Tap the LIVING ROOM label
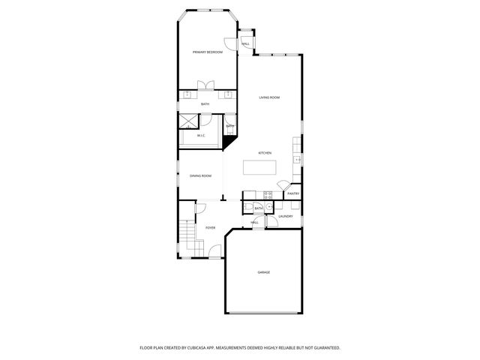269,97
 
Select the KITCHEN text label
265,153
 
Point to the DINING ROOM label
200,175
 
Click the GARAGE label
263,272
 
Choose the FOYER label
210,227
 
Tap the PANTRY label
293,193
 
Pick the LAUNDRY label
285,217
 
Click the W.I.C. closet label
200,136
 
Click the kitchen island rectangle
259,167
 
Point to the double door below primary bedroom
205,85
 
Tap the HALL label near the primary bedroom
245,44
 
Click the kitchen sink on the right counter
297,160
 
